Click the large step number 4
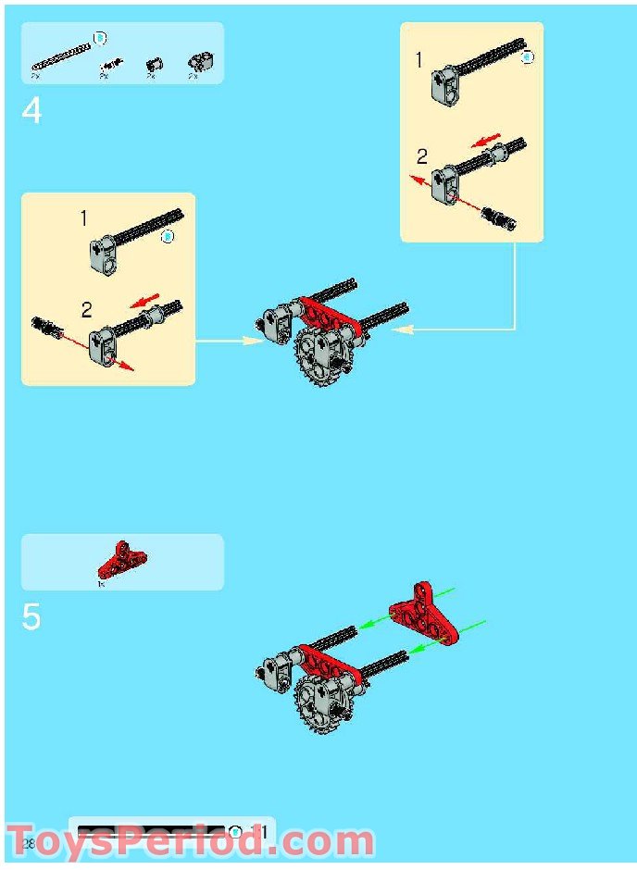click(31, 111)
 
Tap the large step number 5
click(31, 617)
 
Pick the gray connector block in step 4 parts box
click(198, 63)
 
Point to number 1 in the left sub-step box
click(83, 219)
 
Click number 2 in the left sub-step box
click(87, 309)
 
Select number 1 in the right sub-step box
click(418, 60)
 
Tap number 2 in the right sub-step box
click(422, 156)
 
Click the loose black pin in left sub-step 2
click(47, 328)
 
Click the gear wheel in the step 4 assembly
click(319, 356)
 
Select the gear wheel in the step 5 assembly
click(319, 703)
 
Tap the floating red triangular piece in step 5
click(424, 613)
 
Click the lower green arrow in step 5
click(417, 648)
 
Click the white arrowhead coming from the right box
click(406, 328)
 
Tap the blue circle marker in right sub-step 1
click(528, 57)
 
